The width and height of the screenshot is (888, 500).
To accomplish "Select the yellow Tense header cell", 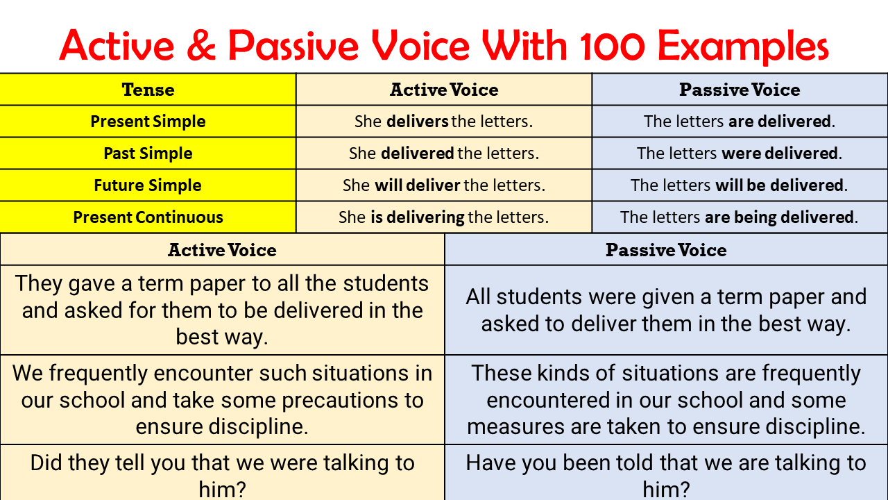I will click(148, 90).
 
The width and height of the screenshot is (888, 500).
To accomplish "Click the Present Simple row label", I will click(148, 122).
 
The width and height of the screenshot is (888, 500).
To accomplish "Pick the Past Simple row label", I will click(148, 153).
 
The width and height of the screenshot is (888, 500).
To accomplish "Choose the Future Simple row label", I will click(148, 185).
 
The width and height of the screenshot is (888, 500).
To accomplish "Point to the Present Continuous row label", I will click(148, 217).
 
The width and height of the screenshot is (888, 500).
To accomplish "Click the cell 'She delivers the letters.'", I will click(443, 122).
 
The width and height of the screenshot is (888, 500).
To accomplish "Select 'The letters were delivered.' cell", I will click(740, 153).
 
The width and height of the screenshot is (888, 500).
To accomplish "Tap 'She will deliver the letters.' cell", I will click(443, 185).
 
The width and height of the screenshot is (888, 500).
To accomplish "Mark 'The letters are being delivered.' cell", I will click(740, 217).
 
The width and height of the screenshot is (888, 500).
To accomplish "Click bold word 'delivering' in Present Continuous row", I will click(425, 217).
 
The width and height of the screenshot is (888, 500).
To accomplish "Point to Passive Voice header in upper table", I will click(740, 90).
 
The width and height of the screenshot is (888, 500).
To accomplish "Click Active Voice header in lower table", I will click(222, 250).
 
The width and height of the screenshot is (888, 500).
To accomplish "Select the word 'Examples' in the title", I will click(743, 46).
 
